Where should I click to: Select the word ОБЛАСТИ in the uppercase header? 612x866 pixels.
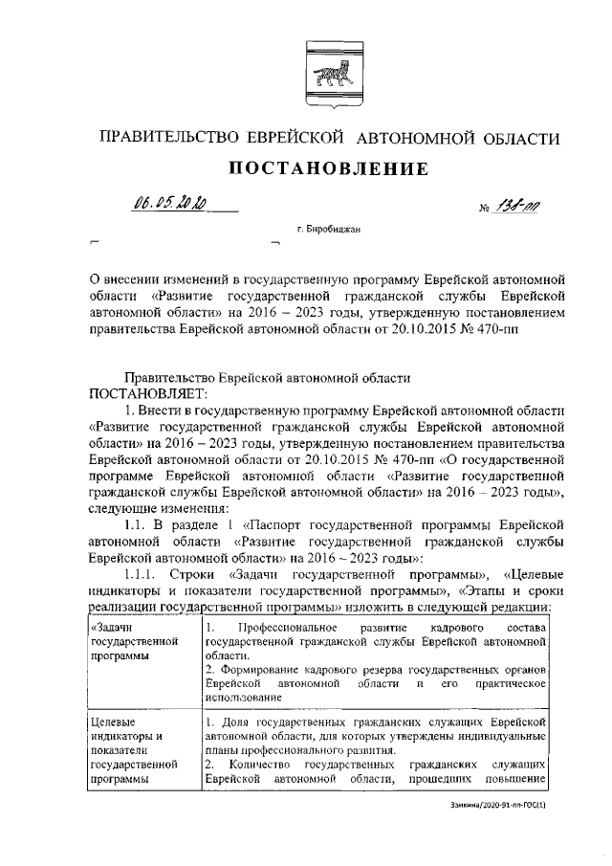point(520,139)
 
